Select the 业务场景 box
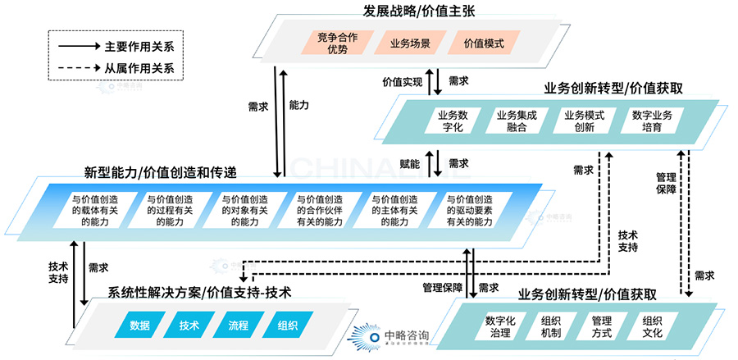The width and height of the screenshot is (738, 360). click(x=408, y=43)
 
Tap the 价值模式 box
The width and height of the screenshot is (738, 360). click(x=481, y=43)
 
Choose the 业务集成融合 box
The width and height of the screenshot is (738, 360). click(x=517, y=121)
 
